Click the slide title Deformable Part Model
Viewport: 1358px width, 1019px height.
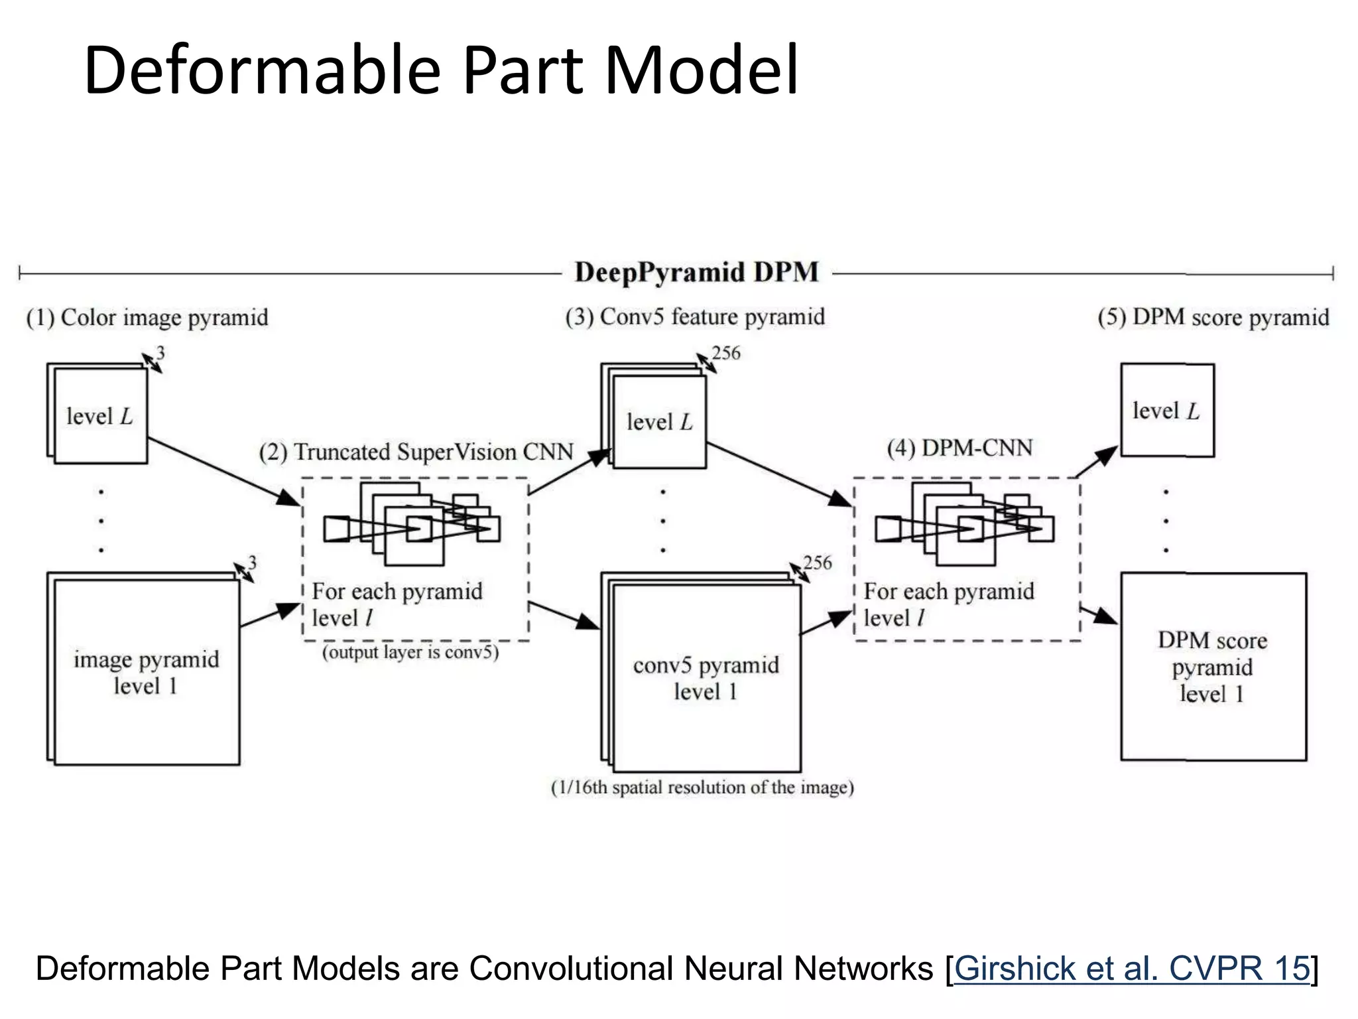(441, 70)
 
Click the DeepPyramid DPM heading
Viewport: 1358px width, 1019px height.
(696, 273)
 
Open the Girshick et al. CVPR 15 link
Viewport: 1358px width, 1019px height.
(1131, 969)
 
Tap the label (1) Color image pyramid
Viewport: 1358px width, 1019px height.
(147, 318)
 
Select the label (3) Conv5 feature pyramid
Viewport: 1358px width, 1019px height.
(695, 317)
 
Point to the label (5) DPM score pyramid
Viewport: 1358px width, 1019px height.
(1213, 317)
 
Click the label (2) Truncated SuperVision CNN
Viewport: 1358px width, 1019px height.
(416, 452)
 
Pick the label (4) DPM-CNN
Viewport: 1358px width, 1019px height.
(959, 448)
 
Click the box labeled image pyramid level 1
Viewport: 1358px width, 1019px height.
(146, 671)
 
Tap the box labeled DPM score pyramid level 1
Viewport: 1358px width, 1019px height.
(1213, 667)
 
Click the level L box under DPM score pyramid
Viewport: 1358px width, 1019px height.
(1166, 411)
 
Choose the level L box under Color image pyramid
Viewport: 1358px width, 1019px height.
(99, 417)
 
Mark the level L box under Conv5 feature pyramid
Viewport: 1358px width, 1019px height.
(659, 422)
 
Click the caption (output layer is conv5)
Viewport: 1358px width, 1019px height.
(410, 653)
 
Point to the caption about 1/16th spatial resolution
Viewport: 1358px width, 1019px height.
(702, 787)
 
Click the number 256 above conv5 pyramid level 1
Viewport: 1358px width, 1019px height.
(817, 563)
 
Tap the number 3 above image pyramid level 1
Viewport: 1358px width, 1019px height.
(252, 563)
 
